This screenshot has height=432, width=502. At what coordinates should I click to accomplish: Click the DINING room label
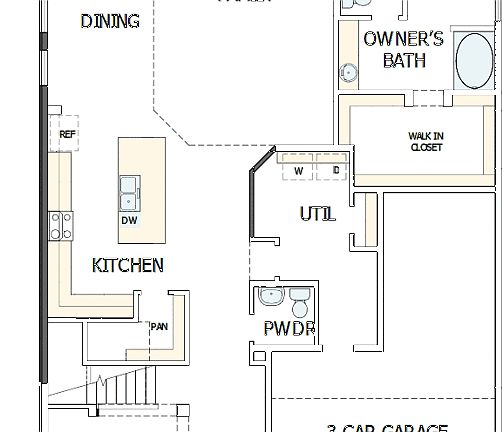110,21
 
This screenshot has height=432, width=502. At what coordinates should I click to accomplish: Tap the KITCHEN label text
128,265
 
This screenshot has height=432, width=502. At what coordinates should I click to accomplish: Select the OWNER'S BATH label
403,50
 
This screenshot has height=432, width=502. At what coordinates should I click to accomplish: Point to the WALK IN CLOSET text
426,142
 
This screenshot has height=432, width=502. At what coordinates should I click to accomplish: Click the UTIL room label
318,214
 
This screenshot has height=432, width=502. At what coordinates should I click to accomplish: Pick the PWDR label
290,328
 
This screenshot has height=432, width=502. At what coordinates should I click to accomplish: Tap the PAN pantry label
158,326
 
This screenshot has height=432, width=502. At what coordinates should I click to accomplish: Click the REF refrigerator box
68,134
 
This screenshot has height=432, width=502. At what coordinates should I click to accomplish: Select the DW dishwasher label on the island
129,220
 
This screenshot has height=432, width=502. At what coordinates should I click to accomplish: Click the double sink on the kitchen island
130,189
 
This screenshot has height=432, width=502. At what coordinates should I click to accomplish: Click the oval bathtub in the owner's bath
474,61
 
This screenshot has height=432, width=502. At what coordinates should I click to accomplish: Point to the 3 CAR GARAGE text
387,427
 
